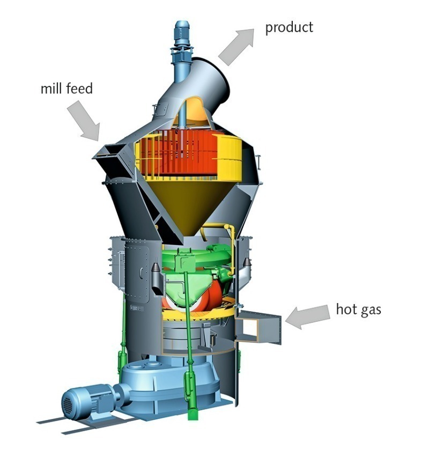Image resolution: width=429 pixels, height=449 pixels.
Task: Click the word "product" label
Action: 289,28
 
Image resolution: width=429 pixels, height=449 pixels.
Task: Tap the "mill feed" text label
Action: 66,88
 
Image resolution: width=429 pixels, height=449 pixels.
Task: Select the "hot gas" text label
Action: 358,310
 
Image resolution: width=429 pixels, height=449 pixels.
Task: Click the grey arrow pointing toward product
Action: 236,46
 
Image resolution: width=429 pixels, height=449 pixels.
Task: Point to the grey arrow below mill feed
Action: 84,121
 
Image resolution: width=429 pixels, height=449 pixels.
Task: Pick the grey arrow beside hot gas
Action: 307,316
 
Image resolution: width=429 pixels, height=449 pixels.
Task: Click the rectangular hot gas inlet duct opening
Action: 258,327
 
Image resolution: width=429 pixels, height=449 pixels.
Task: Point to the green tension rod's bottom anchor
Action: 193,413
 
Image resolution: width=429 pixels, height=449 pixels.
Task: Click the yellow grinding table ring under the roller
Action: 197,315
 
